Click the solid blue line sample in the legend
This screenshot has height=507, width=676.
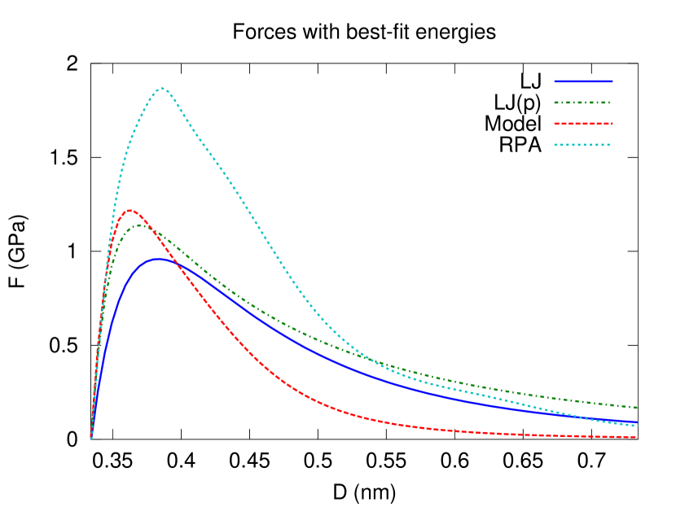[583, 81]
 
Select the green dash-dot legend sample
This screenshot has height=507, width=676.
[583, 103]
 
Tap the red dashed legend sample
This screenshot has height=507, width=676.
[583, 124]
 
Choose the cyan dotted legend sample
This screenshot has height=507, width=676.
[583, 145]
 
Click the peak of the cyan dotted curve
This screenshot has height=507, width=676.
[162, 88]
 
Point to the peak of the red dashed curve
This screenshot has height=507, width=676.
[129, 210]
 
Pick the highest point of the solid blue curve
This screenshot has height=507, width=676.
[157, 259]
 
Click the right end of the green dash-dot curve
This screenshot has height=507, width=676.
[638, 408]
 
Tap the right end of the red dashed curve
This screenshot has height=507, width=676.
[638, 437]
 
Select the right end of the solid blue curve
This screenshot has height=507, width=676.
[638, 422]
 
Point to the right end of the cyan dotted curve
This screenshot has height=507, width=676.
[638, 426]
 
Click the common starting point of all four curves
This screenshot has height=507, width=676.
[90, 438]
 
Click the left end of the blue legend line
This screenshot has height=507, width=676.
[555, 81]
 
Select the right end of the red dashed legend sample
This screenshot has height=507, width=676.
[612, 124]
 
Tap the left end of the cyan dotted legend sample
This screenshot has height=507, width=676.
[555, 145]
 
